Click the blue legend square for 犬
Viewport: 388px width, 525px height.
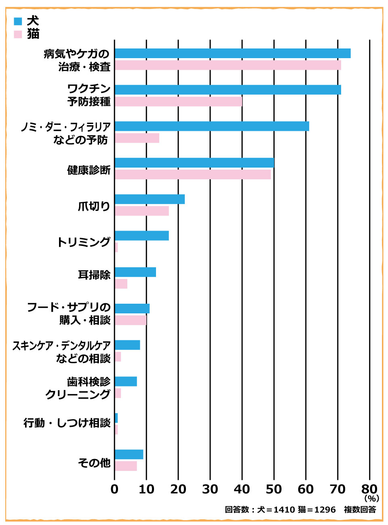tap(18, 21)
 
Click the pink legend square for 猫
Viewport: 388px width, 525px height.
tap(18, 34)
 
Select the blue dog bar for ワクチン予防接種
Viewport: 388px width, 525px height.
tap(228, 90)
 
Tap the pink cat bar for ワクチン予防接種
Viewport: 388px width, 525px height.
tap(178, 101)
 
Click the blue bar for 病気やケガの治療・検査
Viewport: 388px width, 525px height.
tap(232, 53)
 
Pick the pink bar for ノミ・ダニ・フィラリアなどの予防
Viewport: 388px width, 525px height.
tap(137, 138)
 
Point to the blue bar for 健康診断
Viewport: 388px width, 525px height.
tap(194, 163)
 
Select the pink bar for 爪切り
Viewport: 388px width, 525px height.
tap(142, 211)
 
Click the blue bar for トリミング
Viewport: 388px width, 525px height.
tap(142, 236)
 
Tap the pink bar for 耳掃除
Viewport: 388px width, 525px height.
tap(121, 284)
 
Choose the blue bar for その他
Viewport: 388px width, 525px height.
tap(129, 454)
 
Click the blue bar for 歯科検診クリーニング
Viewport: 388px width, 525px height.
tap(126, 381)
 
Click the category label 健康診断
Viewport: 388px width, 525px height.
tap(89, 170)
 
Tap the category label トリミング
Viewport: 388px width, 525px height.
tap(84, 242)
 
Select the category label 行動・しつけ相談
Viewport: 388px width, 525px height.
tap(67, 423)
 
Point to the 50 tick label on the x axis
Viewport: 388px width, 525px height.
tap(274, 489)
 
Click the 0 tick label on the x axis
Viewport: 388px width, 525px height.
tap(114, 489)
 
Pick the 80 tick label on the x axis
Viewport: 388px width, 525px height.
tap(369, 489)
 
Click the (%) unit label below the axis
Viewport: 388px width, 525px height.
tap(371, 498)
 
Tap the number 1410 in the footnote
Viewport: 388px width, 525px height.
tap(284, 510)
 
